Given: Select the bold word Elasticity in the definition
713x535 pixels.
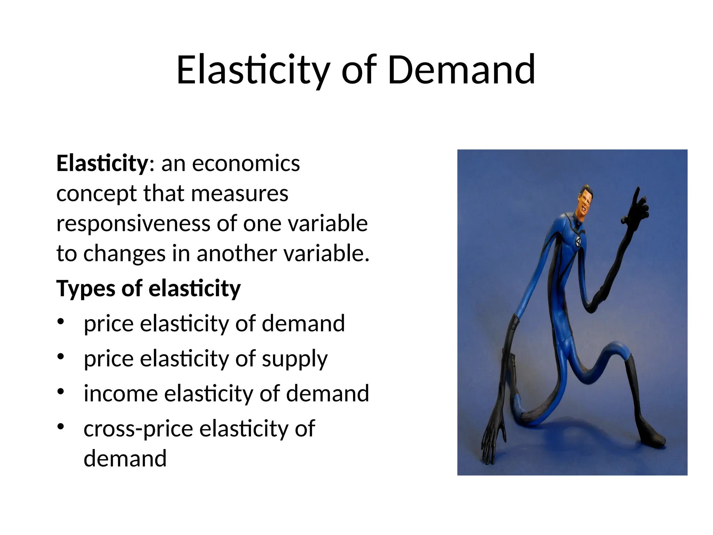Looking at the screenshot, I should pos(102,163).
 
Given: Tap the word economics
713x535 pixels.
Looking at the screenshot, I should pos(246,163).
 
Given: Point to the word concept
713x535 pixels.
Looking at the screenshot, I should pos(96,194).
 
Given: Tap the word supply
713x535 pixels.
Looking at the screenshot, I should pos(295,359).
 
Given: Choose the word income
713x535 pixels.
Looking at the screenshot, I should pos(120,394).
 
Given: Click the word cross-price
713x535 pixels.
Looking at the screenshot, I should pos(138,428).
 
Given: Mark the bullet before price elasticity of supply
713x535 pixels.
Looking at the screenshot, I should pos(61,357).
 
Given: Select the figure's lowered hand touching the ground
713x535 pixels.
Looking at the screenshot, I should pos(493,439).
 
